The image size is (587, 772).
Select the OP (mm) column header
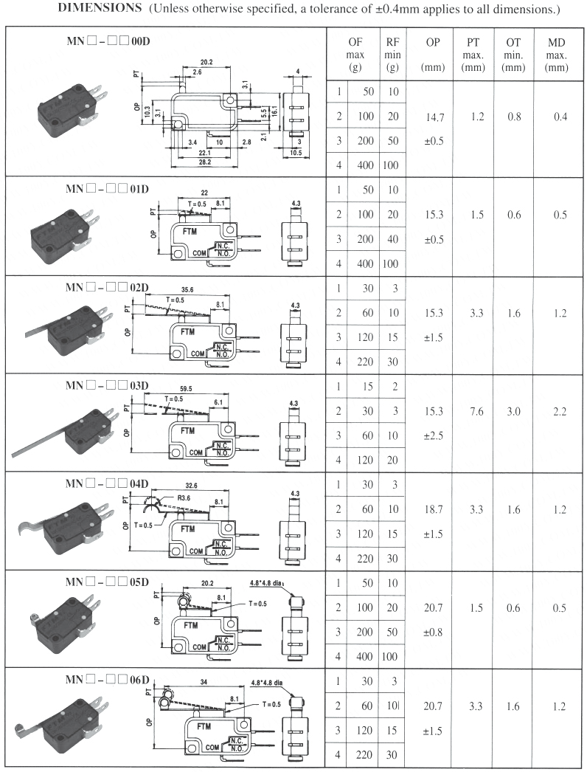click(x=433, y=55)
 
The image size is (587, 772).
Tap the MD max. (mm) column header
click(x=557, y=55)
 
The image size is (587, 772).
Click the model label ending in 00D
click(x=108, y=41)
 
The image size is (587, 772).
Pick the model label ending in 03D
click(x=107, y=385)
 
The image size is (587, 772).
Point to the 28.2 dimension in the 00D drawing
click(x=205, y=162)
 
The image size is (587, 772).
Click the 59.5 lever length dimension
click(x=186, y=389)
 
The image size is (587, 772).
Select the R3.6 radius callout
click(x=184, y=497)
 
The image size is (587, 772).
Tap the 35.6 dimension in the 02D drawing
click(x=187, y=290)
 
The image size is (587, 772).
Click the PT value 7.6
click(x=476, y=412)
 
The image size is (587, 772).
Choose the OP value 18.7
click(x=434, y=509)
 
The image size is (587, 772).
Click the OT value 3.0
click(x=514, y=412)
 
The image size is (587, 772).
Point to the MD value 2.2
click(x=560, y=412)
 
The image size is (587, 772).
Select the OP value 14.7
click(x=434, y=117)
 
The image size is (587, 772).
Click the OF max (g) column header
click(x=355, y=55)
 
